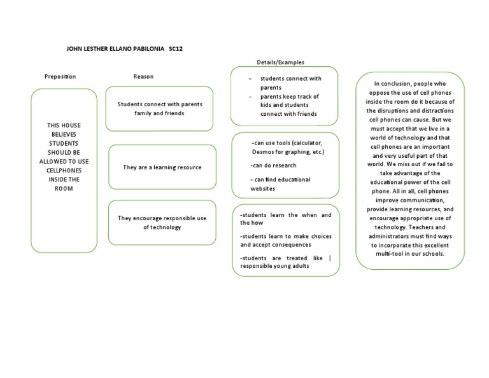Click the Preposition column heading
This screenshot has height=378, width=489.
(60, 77)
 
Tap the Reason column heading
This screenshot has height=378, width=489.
(143, 77)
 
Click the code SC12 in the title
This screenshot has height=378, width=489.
(176, 48)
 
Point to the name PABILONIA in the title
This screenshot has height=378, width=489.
(145, 48)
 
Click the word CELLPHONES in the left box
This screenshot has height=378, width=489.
(64, 171)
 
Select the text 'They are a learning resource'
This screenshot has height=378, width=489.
(162, 167)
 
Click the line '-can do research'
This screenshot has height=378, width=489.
(274, 165)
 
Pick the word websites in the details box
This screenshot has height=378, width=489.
(263, 188)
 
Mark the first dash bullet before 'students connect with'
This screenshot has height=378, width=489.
(250, 79)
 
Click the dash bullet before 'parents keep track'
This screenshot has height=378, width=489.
(250, 97)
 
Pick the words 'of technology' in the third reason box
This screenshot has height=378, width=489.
(162, 227)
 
